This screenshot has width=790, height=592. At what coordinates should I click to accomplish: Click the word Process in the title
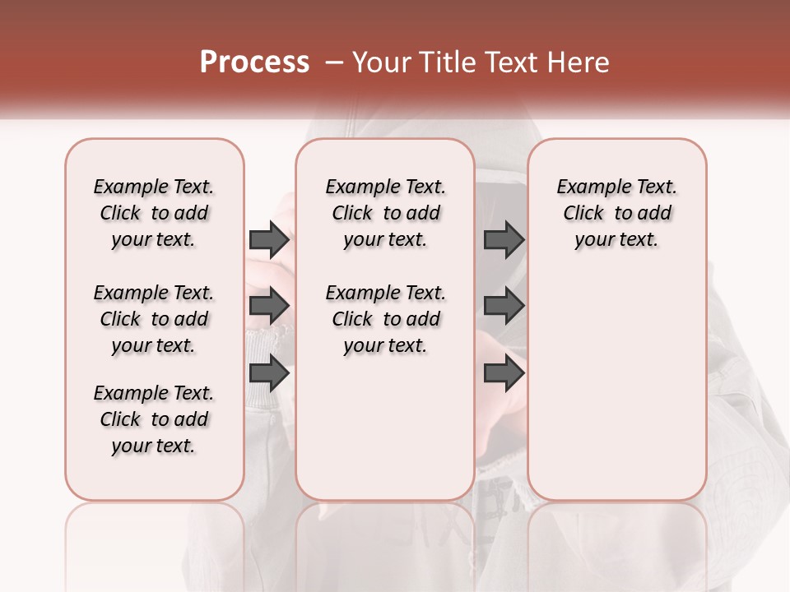coord(254,62)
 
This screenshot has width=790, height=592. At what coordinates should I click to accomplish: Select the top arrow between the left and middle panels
coord(269,240)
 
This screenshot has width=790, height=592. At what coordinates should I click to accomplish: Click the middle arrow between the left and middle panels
coord(269,307)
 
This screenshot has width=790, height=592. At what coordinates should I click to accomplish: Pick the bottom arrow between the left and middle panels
coord(269,373)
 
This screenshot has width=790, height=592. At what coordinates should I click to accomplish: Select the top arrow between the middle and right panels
coord(504,240)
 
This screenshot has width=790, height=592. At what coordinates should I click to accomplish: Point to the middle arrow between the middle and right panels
coord(504,307)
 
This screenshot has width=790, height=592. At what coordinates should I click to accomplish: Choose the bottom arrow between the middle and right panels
coord(504,373)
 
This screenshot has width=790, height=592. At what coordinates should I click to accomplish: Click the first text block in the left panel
coord(154,214)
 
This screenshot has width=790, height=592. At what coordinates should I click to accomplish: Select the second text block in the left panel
coord(154,319)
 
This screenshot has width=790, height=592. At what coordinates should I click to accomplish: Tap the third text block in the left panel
coord(154,419)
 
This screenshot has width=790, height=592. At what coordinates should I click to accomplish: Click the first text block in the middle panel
coord(385,214)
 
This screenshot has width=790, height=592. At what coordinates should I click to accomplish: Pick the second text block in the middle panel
coord(385,319)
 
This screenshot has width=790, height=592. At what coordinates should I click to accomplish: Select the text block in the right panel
coord(616,214)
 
